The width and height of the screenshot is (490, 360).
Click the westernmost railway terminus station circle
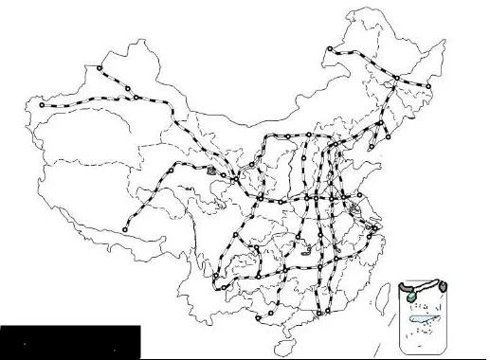coord(41,105)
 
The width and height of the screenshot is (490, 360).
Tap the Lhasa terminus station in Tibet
coord(125,228)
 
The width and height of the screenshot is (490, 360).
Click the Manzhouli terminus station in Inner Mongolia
coord(330,50)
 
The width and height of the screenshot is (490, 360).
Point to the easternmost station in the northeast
coord(428,87)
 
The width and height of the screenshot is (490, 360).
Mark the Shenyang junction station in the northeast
coord(380,123)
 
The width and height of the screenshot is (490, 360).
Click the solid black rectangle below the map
coord(70,342)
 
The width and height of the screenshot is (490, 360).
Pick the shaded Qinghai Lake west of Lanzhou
coord(210,171)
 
